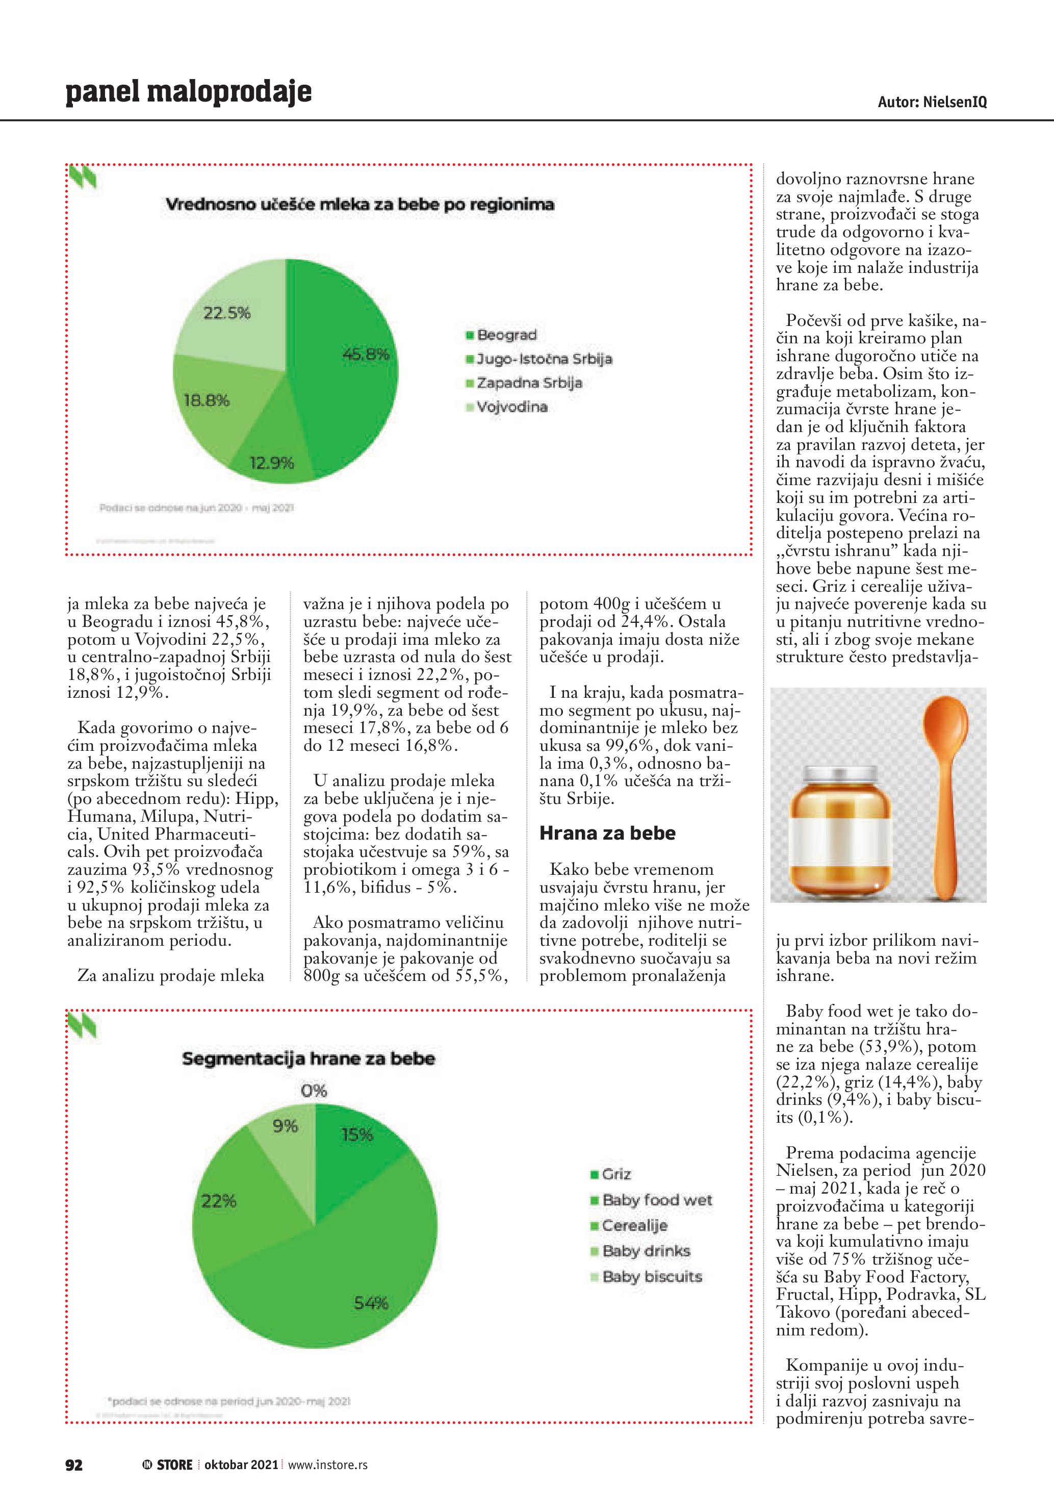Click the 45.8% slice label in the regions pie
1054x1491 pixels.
click(x=366, y=354)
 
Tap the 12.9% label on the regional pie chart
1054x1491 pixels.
click(x=271, y=463)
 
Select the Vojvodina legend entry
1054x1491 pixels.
click(x=511, y=407)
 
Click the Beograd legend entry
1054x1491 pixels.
click(x=506, y=335)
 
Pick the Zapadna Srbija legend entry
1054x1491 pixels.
click(x=528, y=383)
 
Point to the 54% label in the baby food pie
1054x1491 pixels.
click(x=371, y=1303)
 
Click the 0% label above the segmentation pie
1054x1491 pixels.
click(x=314, y=1091)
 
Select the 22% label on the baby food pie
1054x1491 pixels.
click(x=219, y=1201)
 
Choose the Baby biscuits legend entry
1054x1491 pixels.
click(x=651, y=1277)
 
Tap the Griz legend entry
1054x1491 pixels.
click(x=615, y=1174)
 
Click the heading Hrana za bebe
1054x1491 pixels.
click(x=607, y=833)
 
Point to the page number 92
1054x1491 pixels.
click(x=74, y=1464)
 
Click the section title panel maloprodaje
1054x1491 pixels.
click(x=188, y=92)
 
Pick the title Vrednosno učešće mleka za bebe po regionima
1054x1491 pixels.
click(x=359, y=205)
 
